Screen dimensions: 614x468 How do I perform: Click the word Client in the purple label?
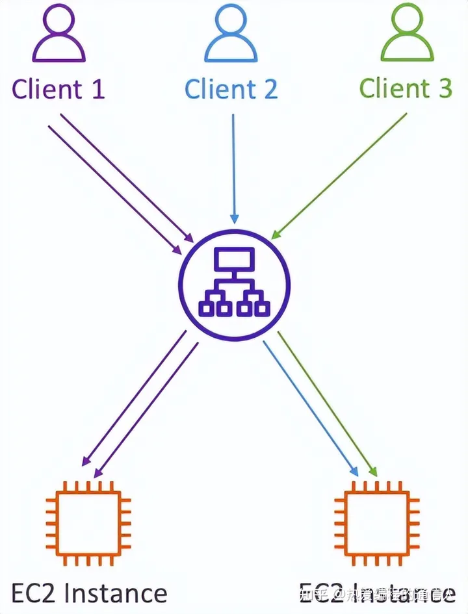[45, 89]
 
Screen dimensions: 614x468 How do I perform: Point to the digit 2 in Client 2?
[268, 89]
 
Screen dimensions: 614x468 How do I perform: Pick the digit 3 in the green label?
[445, 89]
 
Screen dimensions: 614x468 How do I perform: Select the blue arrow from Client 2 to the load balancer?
[233, 169]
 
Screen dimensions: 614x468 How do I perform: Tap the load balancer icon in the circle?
[234, 284]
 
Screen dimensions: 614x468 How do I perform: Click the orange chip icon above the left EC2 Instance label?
[88, 522]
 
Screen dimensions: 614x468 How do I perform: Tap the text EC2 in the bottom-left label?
[34, 593]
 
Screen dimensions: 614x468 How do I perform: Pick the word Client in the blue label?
[218, 89]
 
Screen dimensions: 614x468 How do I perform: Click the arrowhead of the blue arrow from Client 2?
[234, 218]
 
